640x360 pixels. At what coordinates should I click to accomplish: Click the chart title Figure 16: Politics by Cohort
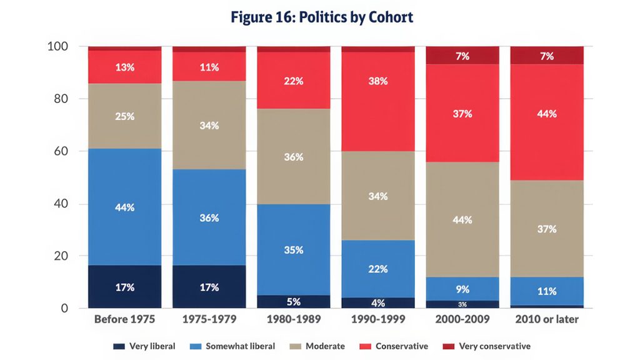322,17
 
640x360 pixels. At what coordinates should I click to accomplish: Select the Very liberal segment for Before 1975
125,287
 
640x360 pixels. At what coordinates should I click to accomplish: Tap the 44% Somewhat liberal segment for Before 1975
125,207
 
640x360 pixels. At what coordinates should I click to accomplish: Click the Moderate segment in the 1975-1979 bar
209,125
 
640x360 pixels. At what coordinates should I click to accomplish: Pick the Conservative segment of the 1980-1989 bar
294,81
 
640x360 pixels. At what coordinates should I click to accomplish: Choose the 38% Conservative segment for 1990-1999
378,81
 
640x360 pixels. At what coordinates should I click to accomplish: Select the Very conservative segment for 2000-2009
462,56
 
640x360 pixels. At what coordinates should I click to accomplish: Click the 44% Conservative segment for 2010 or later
547,114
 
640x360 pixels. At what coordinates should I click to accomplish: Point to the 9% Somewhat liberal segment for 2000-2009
462,289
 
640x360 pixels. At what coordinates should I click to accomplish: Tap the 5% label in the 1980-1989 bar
294,301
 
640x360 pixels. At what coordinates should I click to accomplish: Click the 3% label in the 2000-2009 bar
462,304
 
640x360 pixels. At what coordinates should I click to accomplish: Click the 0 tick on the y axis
64,308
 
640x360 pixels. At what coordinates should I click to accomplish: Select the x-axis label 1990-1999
378,319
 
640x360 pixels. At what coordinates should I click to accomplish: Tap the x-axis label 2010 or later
547,319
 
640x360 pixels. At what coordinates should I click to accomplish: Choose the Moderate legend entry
320,346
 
